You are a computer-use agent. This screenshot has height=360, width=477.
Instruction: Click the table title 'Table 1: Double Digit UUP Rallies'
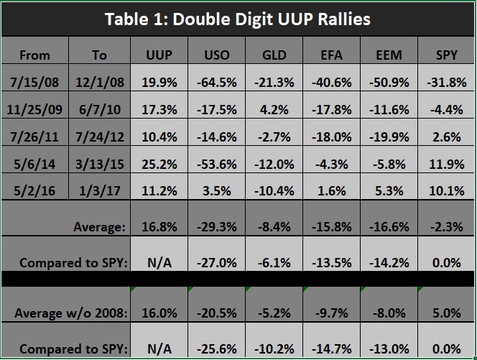238,19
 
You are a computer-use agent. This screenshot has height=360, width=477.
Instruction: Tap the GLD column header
274,55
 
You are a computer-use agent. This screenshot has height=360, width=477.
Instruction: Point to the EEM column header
391,55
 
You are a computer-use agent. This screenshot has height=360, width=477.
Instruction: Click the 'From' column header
34,55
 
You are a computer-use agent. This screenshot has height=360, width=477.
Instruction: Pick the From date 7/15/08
34,82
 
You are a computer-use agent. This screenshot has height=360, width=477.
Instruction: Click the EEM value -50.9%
391,82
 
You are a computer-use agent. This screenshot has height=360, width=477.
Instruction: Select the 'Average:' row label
99,227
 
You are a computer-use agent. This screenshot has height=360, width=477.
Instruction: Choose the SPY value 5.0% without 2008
447,314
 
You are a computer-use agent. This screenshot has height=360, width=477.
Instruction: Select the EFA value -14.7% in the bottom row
333,349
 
